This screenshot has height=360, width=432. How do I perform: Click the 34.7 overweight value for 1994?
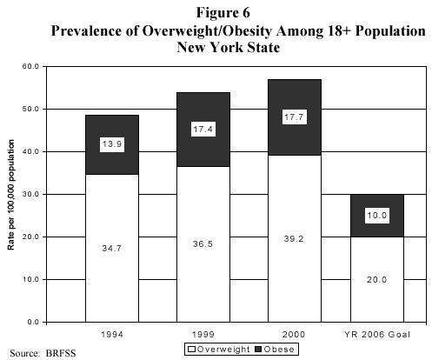[x=112, y=249]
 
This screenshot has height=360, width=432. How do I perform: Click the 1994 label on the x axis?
[x=112, y=333]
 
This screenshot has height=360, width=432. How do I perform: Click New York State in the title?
[x=229, y=48]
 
